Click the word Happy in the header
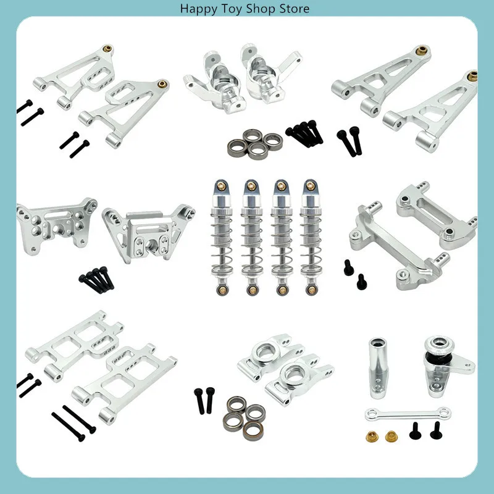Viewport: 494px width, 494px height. (x=197, y=9)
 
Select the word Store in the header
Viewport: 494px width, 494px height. (x=294, y=9)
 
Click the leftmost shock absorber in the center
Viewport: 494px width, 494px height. (x=220, y=235)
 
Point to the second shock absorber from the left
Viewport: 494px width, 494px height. (x=250, y=235)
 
